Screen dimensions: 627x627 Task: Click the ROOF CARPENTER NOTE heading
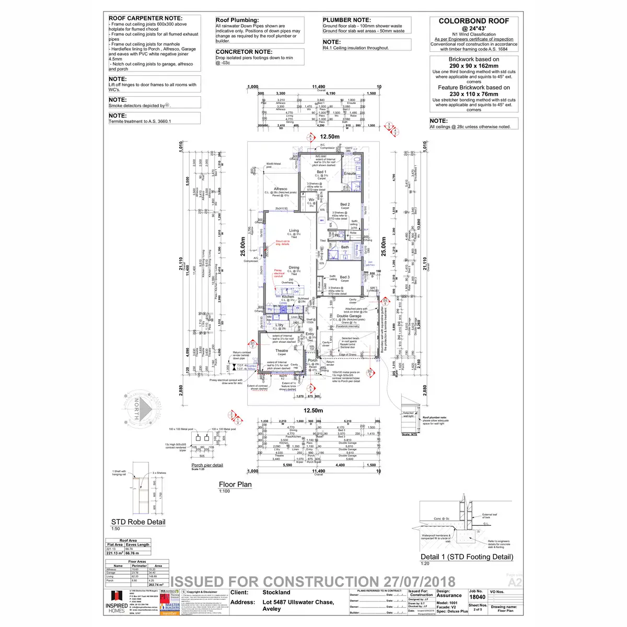tap(146, 18)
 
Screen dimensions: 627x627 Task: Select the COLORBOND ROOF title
tap(474, 21)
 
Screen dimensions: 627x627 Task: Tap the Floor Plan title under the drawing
tap(235, 484)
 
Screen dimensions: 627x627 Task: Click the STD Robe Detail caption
tap(138, 521)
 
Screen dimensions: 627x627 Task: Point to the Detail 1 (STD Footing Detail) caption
tap(467, 556)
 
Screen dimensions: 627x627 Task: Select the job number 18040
tap(477, 597)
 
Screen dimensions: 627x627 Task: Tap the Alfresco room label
tap(281, 189)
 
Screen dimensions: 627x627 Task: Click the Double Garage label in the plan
tap(349, 316)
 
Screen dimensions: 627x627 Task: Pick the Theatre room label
tap(282, 351)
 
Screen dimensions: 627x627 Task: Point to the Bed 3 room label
tap(345, 277)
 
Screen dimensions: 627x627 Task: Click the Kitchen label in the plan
tap(288, 297)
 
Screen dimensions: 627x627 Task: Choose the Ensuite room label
tap(350, 173)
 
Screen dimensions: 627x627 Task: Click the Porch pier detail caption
tap(207, 465)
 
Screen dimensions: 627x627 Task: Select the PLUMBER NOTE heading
tap(346, 20)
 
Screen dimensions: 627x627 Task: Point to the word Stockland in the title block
tap(276, 593)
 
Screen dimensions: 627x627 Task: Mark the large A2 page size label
tap(514, 582)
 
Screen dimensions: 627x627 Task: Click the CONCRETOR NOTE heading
tap(244, 52)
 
